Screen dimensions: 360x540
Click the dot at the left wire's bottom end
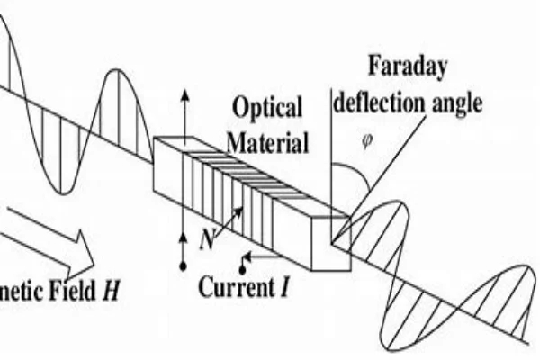183,266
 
